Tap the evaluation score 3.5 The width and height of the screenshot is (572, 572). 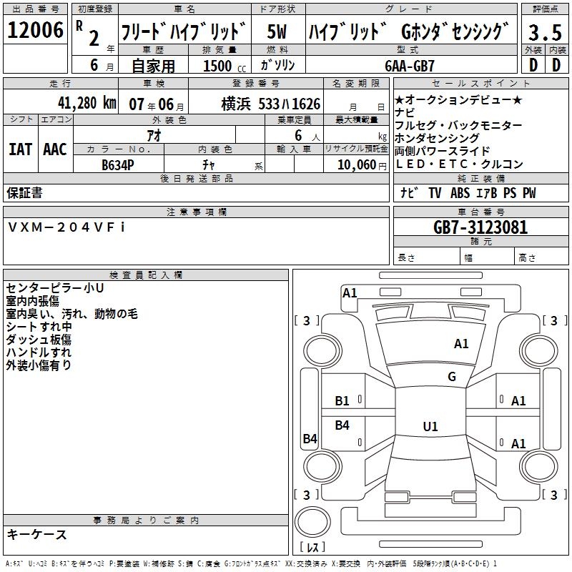tap(543, 32)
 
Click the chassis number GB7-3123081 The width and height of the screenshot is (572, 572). tap(480, 228)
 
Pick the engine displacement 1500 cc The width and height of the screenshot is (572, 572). tap(222, 66)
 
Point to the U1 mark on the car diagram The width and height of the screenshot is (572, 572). tap(430, 427)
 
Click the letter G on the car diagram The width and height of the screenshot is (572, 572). tap(452, 377)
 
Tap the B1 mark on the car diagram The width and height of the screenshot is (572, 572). tap(342, 401)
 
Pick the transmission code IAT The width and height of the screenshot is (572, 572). tap(20, 149)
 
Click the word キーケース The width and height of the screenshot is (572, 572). tap(36, 534)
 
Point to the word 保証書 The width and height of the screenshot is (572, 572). tap(24, 192)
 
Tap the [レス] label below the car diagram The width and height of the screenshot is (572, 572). tap(312, 548)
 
